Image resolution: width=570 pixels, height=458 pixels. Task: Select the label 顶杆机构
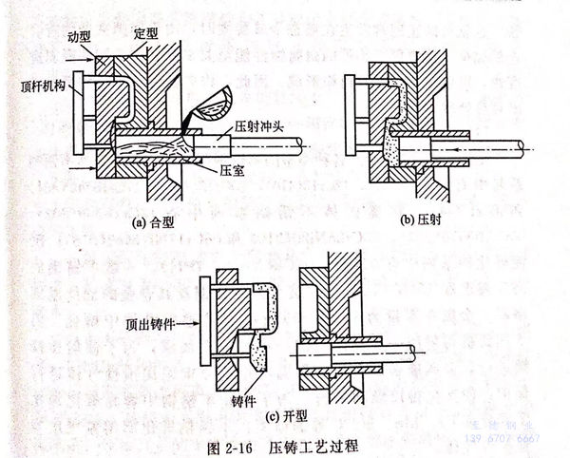coord(41,86)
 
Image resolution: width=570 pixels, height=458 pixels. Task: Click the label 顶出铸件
coord(151,323)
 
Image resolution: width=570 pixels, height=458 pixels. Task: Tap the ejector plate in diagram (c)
coord(201,317)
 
